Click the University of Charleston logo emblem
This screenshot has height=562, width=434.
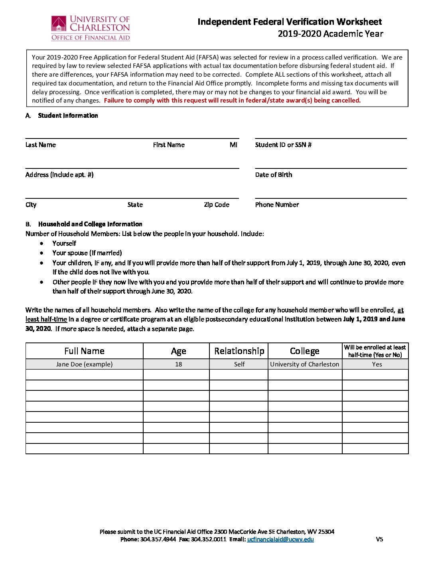pos(59,24)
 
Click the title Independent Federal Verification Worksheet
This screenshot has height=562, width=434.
pos(290,22)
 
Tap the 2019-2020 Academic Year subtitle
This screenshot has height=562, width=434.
pos(330,34)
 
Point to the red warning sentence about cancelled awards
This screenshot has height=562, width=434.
pos(232,101)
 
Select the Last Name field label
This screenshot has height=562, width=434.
pos(41,145)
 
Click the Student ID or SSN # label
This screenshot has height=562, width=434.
pos(283,145)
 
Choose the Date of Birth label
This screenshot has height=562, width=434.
pos(274,175)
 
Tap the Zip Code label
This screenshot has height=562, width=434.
pos(217,205)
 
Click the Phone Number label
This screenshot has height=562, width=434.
pos(277,205)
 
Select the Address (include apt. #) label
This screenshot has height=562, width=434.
pos(59,175)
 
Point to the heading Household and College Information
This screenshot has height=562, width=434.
pos(90,224)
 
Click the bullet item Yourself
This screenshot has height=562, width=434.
pos(64,243)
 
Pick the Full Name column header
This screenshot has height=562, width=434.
pos(84,351)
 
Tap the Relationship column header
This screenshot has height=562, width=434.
pos(239,351)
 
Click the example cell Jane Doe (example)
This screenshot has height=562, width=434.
pos(84,364)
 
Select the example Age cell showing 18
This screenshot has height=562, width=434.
pos(178,364)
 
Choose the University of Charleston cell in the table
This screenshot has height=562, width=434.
pos(304,364)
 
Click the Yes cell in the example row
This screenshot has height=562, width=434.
pos(377,364)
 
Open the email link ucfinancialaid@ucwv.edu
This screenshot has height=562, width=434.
pos(280,540)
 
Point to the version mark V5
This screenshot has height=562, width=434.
pos(379,540)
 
